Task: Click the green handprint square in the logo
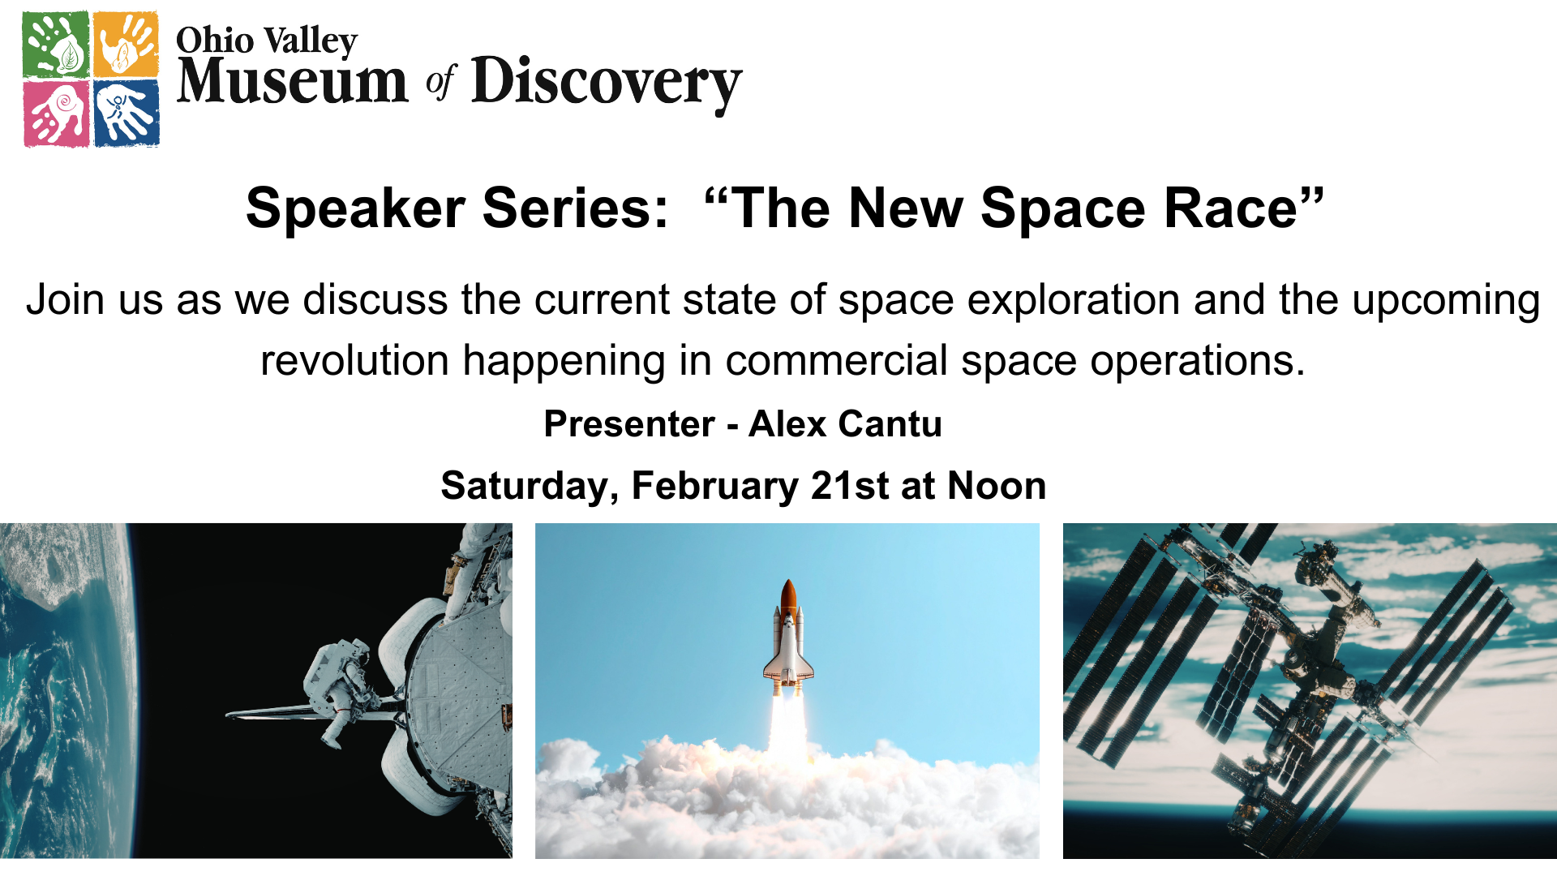pos(56,44)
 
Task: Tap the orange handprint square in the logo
pos(126,44)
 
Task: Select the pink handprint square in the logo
pos(56,114)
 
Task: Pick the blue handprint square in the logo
pos(126,114)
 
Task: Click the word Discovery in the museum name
pos(607,83)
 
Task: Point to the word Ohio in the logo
pos(215,40)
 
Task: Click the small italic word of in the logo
pos(441,83)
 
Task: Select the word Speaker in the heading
pos(355,209)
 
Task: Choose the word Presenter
pos(629,423)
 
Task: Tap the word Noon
pos(997,485)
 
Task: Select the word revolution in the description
pos(354,360)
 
